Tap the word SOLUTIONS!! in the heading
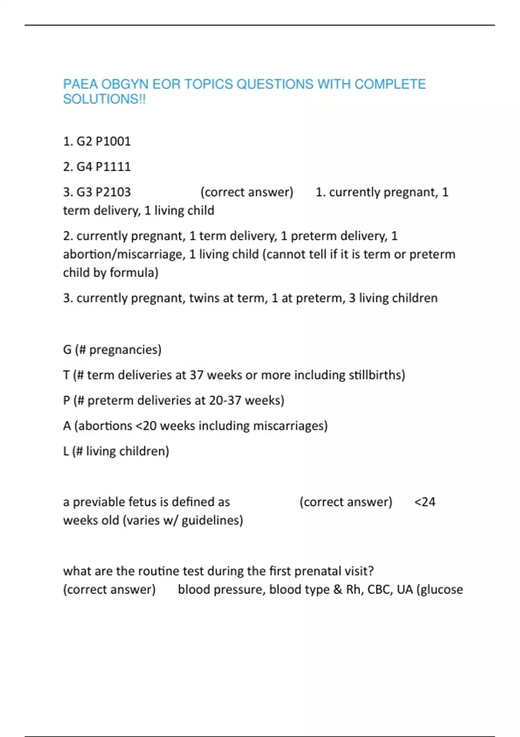[104, 99]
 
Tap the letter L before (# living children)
[66, 451]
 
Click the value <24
[425, 502]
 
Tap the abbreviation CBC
[380, 590]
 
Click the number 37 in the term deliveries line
[196, 375]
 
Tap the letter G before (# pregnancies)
[67, 350]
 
